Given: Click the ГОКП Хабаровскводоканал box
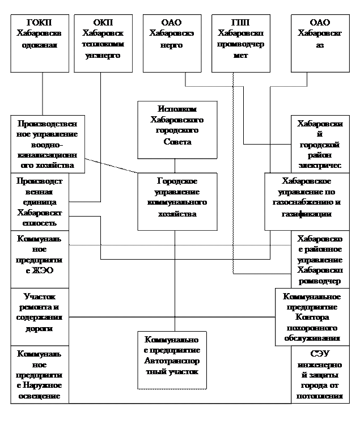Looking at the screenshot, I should click(x=39, y=43).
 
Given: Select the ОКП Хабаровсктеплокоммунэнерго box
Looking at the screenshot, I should click(x=103, y=43).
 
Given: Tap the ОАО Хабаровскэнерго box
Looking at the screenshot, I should click(x=171, y=43).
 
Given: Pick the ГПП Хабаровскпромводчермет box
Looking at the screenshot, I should click(x=240, y=43).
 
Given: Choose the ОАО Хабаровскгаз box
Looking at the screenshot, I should click(x=320, y=43).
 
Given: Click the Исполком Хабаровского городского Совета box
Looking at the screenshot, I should click(x=177, y=129).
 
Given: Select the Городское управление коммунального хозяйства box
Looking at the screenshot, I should click(x=177, y=201).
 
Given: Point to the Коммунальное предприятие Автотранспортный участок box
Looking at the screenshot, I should click(x=172, y=360).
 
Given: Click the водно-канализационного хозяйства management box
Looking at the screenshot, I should click(x=48, y=144).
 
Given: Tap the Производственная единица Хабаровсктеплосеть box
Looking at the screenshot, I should click(x=40, y=201).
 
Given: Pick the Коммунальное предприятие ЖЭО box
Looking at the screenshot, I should click(x=40, y=259).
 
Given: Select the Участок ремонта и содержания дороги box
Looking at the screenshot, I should click(x=40, y=316).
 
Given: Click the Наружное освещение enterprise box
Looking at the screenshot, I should click(x=40, y=374).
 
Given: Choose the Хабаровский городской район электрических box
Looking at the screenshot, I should click(x=320, y=144).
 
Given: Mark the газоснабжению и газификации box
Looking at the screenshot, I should click(x=306, y=201).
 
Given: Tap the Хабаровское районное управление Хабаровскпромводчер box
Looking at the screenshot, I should click(x=320, y=259).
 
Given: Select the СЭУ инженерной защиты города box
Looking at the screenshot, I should click(x=320, y=374).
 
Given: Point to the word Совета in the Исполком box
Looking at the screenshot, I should click(x=176, y=142).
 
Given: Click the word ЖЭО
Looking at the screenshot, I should click(x=45, y=270).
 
